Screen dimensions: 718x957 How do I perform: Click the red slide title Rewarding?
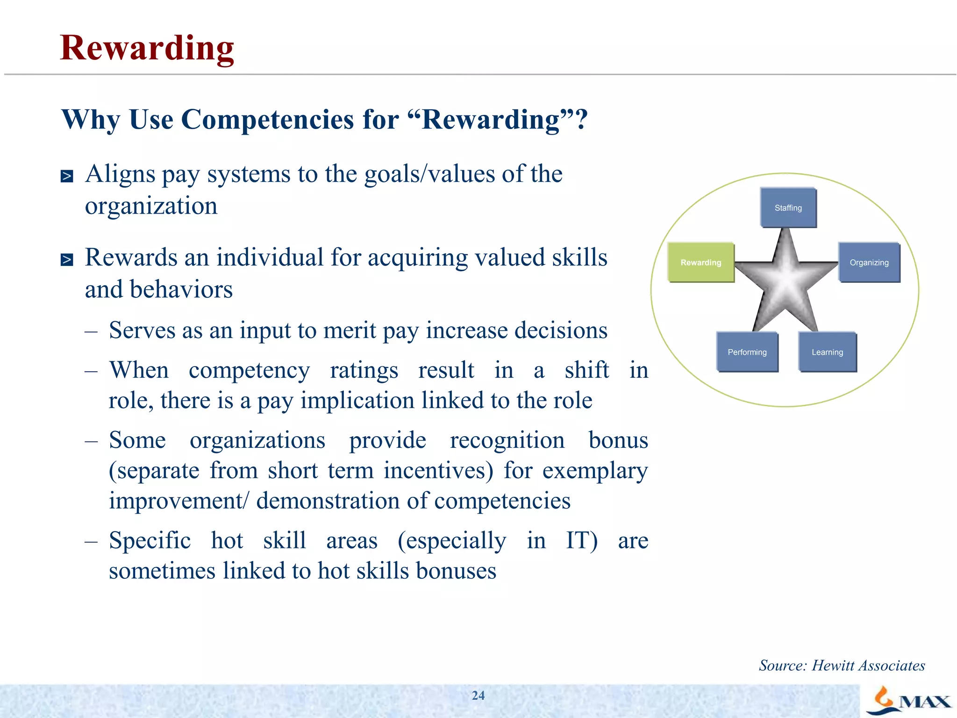(x=147, y=48)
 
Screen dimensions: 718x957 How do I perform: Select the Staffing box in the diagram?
(x=788, y=208)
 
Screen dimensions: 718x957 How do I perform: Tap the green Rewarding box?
(x=700, y=262)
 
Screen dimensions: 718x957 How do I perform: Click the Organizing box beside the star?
(x=869, y=262)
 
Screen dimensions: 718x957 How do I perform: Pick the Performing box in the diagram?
(x=747, y=352)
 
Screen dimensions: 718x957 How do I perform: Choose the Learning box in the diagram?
(x=827, y=352)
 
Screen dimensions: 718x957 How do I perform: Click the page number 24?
(x=478, y=696)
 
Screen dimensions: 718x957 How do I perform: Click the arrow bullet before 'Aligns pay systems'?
(x=67, y=176)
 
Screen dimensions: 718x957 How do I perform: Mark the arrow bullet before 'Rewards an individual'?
(x=67, y=259)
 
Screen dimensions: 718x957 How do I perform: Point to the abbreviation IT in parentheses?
(x=581, y=540)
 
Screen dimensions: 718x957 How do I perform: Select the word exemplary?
(x=595, y=470)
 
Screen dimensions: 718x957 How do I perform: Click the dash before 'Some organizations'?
(x=91, y=440)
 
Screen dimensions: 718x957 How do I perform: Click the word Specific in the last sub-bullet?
(x=150, y=540)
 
